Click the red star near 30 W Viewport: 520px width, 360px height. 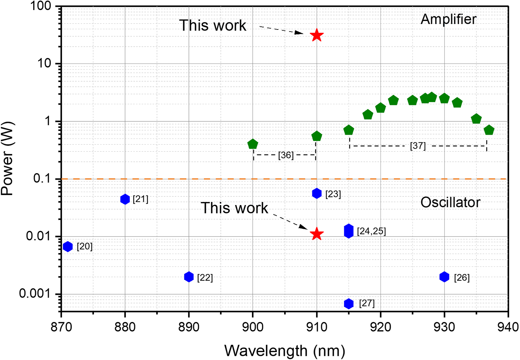point(317,35)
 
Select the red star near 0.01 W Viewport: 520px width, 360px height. point(317,234)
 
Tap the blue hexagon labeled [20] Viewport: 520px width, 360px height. point(68,247)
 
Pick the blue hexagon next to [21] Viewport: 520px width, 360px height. point(125,199)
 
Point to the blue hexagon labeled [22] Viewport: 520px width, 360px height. point(189,277)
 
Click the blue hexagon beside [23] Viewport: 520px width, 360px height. point(317,193)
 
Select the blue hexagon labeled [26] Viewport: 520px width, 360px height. point(444,277)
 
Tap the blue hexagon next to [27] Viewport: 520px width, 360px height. point(349,303)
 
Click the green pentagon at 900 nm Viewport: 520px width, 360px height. point(253,144)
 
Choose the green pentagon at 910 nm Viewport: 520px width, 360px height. point(317,136)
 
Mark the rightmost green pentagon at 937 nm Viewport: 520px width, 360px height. point(489,130)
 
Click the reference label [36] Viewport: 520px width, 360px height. point(286,155)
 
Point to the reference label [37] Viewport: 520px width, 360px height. point(418,146)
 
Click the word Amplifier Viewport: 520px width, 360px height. point(448,19)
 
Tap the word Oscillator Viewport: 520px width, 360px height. point(450,203)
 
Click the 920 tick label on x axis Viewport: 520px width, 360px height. point(380,327)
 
